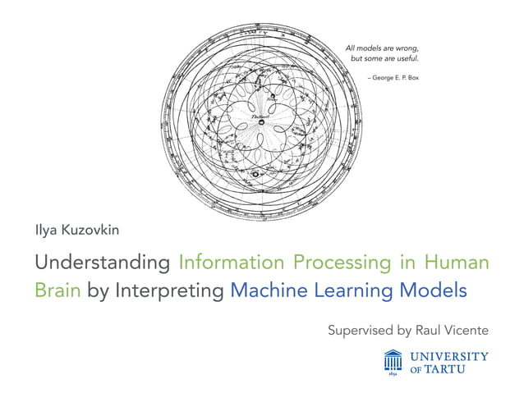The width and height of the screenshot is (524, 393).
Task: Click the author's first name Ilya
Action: tap(47, 231)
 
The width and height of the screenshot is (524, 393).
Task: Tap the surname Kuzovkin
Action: tap(90, 231)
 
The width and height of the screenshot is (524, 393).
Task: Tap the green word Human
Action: tap(457, 263)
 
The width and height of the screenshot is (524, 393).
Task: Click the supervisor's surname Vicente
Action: tap(464, 331)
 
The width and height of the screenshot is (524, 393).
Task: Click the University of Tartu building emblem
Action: tap(393, 362)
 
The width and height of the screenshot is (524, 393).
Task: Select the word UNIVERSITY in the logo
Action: tap(449, 356)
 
